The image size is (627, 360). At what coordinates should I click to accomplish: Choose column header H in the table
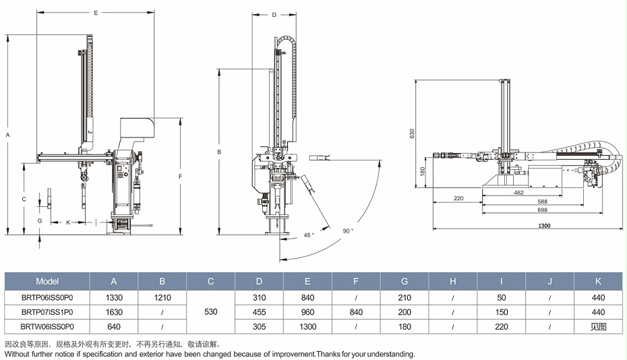pos(453,280)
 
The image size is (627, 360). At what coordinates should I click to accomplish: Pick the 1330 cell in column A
pos(114,297)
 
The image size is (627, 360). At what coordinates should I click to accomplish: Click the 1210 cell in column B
pos(162,297)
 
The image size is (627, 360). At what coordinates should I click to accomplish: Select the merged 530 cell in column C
pos(210,312)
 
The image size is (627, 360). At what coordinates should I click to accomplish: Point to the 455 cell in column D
pos(259,312)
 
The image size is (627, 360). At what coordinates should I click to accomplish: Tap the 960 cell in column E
pos(307,312)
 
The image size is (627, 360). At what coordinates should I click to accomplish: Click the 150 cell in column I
pos(502,312)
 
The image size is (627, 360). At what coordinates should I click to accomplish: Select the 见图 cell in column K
pos(598,327)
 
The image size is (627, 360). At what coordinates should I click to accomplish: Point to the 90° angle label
pos(348,231)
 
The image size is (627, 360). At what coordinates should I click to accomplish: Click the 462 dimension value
pos(518,193)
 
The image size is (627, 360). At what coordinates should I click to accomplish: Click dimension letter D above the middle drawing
pos(274,14)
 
